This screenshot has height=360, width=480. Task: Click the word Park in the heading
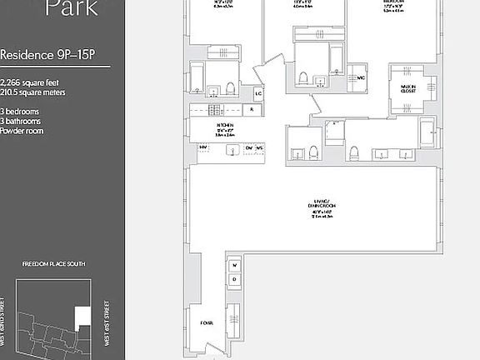click(x=71, y=9)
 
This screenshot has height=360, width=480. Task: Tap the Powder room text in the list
click(x=22, y=131)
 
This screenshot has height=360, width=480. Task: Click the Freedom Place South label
click(x=54, y=264)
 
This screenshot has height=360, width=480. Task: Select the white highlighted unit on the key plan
click(x=82, y=316)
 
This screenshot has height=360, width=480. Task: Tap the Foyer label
click(x=206, y=322)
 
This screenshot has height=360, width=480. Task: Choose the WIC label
click(x=362, y=77)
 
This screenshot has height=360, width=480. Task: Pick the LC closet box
click(x=258, y=93)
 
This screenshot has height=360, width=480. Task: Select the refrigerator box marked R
click(x=252, y=110)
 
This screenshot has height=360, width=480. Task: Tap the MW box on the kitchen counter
click(x=202, y=148)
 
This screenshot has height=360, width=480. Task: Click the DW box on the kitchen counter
click(x=249, y=148)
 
